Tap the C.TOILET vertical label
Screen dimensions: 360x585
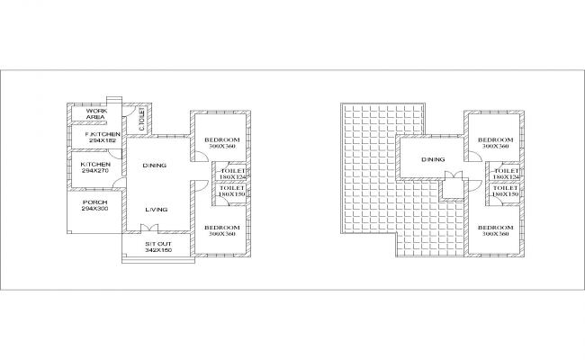(x=142, y=119)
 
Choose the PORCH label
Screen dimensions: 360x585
(x=94, y=202)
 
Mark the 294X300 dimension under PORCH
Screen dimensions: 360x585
(x=94, y=209)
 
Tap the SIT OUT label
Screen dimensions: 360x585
(x=158, y=244)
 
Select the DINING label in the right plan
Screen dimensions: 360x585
(x=433, y=160)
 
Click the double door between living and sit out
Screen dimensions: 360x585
(x=154, y=229)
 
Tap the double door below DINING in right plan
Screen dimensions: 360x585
(x=455, y=175)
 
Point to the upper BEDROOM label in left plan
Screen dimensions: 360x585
(x=221, y=139)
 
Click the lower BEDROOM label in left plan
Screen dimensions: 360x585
(x=221, y=228)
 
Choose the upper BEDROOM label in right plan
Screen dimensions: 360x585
(x=495, y=139)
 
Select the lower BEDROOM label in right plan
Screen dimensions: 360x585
(x=495, y=228)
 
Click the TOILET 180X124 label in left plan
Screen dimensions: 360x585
(x=232, y=173)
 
